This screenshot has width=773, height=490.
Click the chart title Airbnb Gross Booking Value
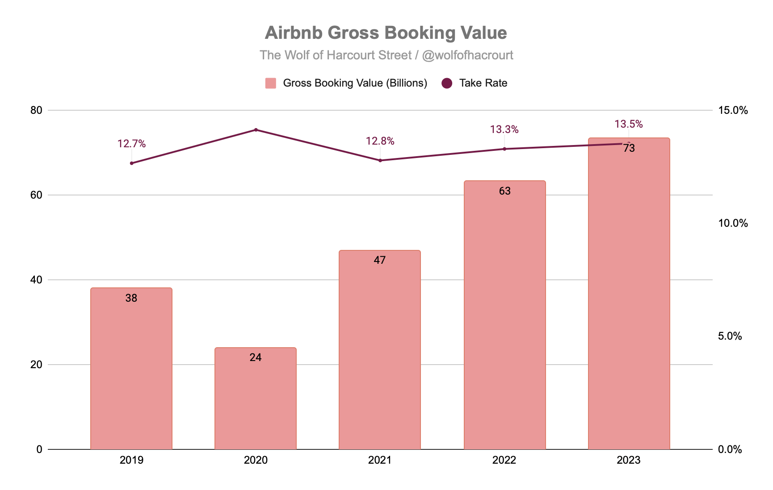pyautogui.click(x=386, y=33)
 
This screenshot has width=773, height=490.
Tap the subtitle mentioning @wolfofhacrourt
pyautogui.click(x=386, y=55)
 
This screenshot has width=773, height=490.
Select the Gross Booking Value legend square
pyautogui.click(x=270, y=83)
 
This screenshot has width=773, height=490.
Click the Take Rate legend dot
pyautogui.click(x=447, y=83)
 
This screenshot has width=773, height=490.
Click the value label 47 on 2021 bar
pyautogui.click(x=379, y=260)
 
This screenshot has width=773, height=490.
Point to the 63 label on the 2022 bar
pyautogui.click(x=504, y=191)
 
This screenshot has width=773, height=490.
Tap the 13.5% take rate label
pyautogui.click(x=628, y=124)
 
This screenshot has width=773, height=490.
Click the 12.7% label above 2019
pyautogui.click(x=131, y=144)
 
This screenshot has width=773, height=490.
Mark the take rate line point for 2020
pyautogui.click(x=256, y=130)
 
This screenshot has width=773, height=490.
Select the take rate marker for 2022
pyautogui.click(x=504, y=149)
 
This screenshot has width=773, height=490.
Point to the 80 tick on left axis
pyautogui.click(x=36, y=110)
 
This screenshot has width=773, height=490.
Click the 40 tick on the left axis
pyautogui.click(x=36, y=280)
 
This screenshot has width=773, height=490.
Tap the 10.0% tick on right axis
pyautogui.click(x=732, y=223)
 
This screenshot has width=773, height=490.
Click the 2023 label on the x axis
pyautogui.click(x=628, y=460)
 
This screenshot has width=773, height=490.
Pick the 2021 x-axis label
pyautogui.click(x=379, y=460)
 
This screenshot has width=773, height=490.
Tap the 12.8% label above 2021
pyautogui.click(x=380, y=141)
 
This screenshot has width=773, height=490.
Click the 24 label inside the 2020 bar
pyautogui.click(x=255, y=357)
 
